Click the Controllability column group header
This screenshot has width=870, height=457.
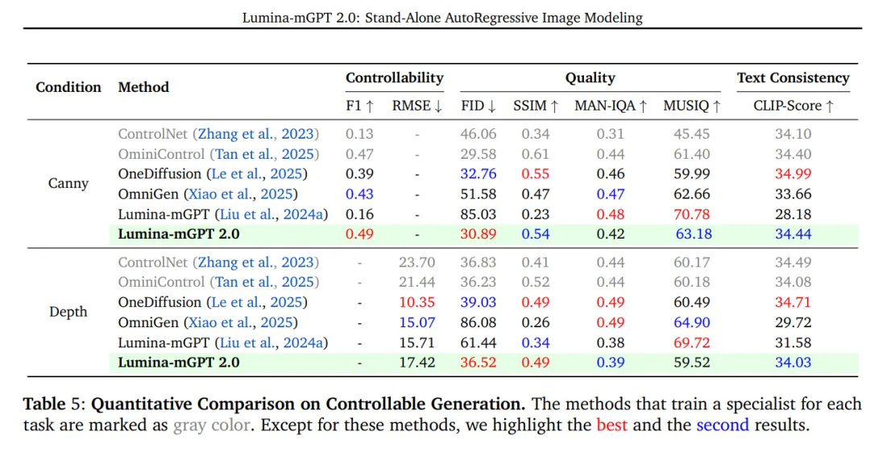[x=395, y=77]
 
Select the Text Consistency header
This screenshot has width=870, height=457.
[x=793, y=77]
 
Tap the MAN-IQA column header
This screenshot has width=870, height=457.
[x=611, y=106]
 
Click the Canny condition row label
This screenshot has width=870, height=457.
[x=68, y=183]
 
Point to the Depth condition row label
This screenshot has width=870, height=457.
[x=68, y=311]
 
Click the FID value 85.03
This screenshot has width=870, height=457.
[x=478, y=214]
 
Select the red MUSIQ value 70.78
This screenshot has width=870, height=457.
[x=691, y=214]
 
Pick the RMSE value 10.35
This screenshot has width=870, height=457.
[x=416, y=302]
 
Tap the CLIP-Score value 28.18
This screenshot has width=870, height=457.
[x=793, y=214]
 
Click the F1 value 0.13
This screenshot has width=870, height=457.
[x=359, y=134]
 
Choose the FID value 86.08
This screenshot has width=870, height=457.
[x=478, y=322]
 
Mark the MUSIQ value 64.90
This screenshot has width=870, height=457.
[x=691, y=322]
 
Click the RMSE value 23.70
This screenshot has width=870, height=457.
[x=416, y=262]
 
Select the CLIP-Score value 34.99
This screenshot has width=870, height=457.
[x=793, y=174]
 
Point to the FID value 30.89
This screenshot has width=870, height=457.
[x=478, y=234]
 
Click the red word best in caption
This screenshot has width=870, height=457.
[x=611, y=425]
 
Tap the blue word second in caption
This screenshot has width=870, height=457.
[x=723, y=425]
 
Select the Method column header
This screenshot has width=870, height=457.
[x=143, y=87]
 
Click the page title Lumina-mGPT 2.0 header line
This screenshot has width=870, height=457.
[x=442, y=18]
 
